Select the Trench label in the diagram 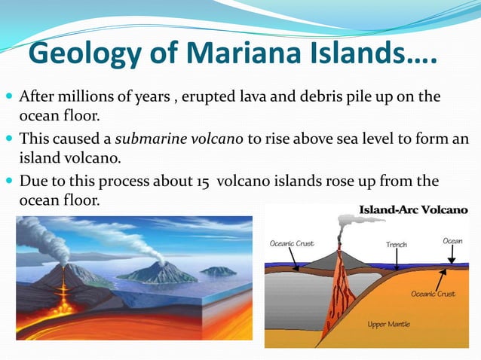pos(397,245)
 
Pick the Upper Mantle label pos(388,325)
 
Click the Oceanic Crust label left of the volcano pos(292,243)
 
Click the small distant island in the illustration pos(219,270)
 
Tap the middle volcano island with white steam pos(159,272)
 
